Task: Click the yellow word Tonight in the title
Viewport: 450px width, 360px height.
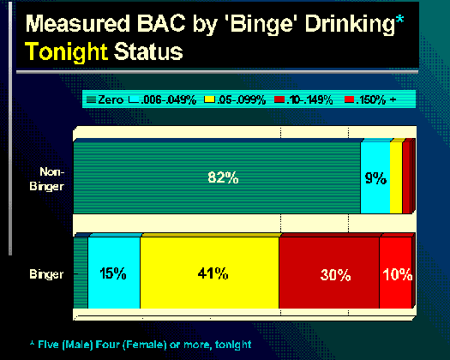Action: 67,51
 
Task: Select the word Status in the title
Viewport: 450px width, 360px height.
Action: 148,51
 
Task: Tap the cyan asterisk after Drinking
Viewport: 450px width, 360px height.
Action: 399,20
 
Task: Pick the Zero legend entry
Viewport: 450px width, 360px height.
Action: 105,100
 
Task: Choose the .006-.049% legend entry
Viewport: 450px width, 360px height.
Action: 163,100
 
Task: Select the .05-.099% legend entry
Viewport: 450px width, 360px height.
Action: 235,100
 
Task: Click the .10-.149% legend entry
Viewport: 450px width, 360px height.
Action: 303,100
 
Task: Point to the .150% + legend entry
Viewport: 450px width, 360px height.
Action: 370,100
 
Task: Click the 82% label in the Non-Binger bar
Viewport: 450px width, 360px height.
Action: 223,177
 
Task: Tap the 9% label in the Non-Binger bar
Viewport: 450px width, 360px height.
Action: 375,178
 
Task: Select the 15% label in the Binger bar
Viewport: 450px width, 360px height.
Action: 113,273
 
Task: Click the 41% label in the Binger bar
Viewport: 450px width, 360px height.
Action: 213,273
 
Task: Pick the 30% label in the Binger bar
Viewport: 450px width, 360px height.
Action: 335,275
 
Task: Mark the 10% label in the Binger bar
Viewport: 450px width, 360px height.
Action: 398,274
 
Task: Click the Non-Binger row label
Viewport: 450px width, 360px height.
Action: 47,179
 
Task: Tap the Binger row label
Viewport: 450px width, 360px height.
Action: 46,274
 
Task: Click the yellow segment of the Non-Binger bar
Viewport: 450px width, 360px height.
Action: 396,178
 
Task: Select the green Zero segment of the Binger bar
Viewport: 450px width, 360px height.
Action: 81,273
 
